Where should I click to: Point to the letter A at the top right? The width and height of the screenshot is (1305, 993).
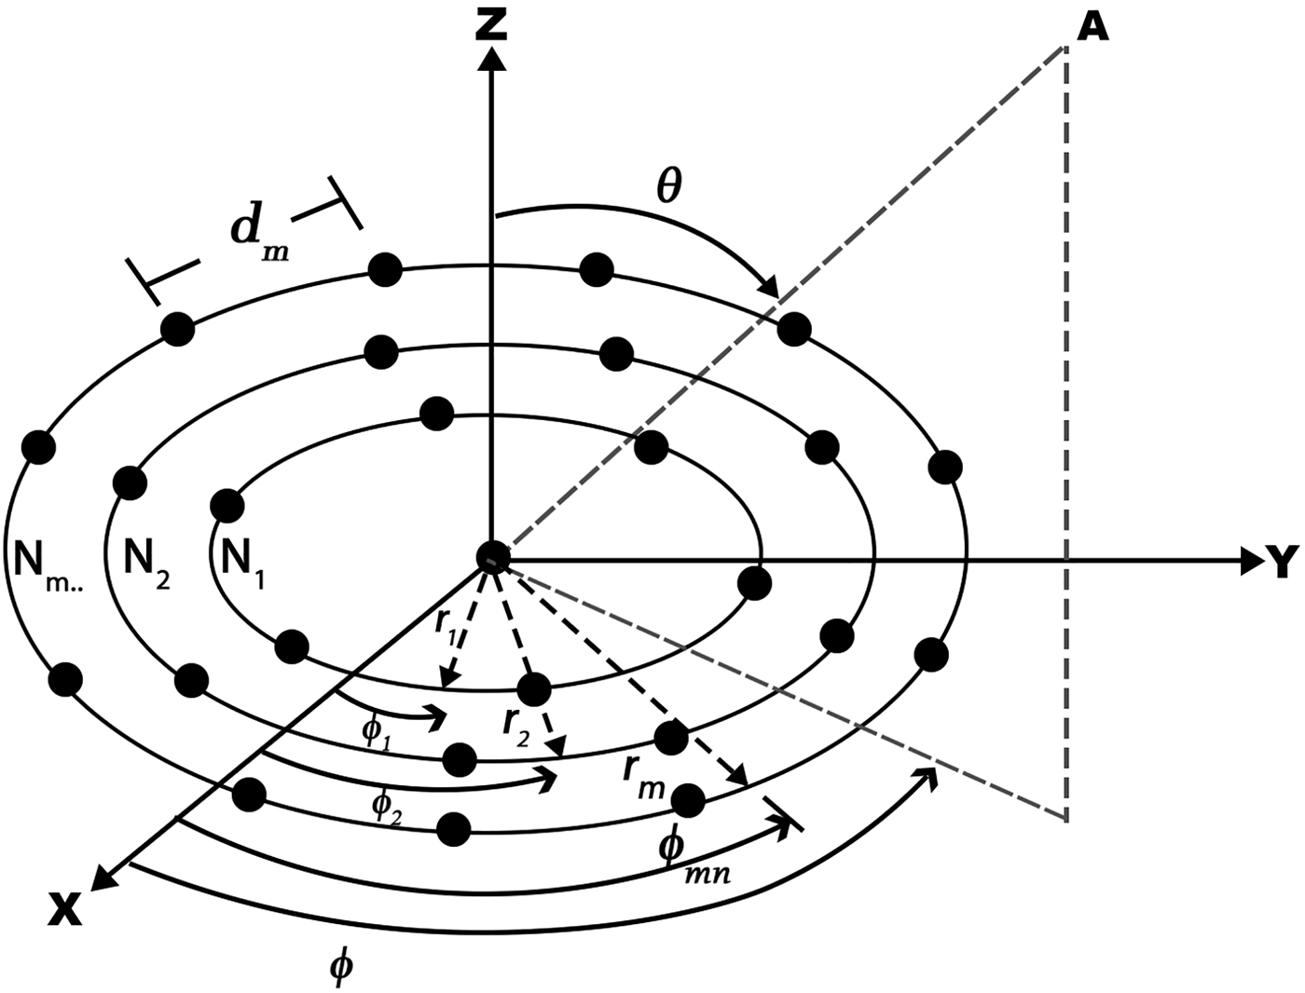[1092, 28]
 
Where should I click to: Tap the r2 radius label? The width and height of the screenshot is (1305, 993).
[515, 726]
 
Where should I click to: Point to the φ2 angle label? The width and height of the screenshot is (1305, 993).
[387, 809]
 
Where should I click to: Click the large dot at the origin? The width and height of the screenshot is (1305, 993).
[490, 556]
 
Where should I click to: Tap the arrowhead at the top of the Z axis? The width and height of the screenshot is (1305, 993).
[490, 58]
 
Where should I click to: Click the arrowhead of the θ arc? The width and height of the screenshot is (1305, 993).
[770, 288]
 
